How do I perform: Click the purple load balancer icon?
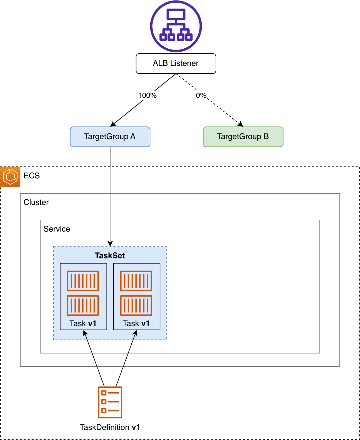pos(176,26)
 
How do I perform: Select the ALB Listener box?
pos(176,63)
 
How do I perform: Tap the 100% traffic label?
pos(147,95)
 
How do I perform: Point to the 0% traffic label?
pos(201,95)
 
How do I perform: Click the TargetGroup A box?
pos(110,137)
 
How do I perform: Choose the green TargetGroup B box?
pos(243,137)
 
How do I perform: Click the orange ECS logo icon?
pos(10,176)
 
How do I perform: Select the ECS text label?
pos(32,176)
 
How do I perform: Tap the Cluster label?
pos(36,202)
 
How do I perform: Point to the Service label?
pos(57,229)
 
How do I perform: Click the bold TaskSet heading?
pos(110,256)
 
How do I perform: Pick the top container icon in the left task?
pos(83,281)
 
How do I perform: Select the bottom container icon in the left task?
pos(83,306)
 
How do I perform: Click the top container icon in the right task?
pos(136,281)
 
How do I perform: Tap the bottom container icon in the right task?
pos(136,306)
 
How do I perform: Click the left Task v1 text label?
pos(83,324)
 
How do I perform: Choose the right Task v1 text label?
pos(136,324)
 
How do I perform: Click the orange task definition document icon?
pos(110,402)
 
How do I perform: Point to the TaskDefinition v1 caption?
pos(110,427)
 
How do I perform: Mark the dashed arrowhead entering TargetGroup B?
pos(241,124)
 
